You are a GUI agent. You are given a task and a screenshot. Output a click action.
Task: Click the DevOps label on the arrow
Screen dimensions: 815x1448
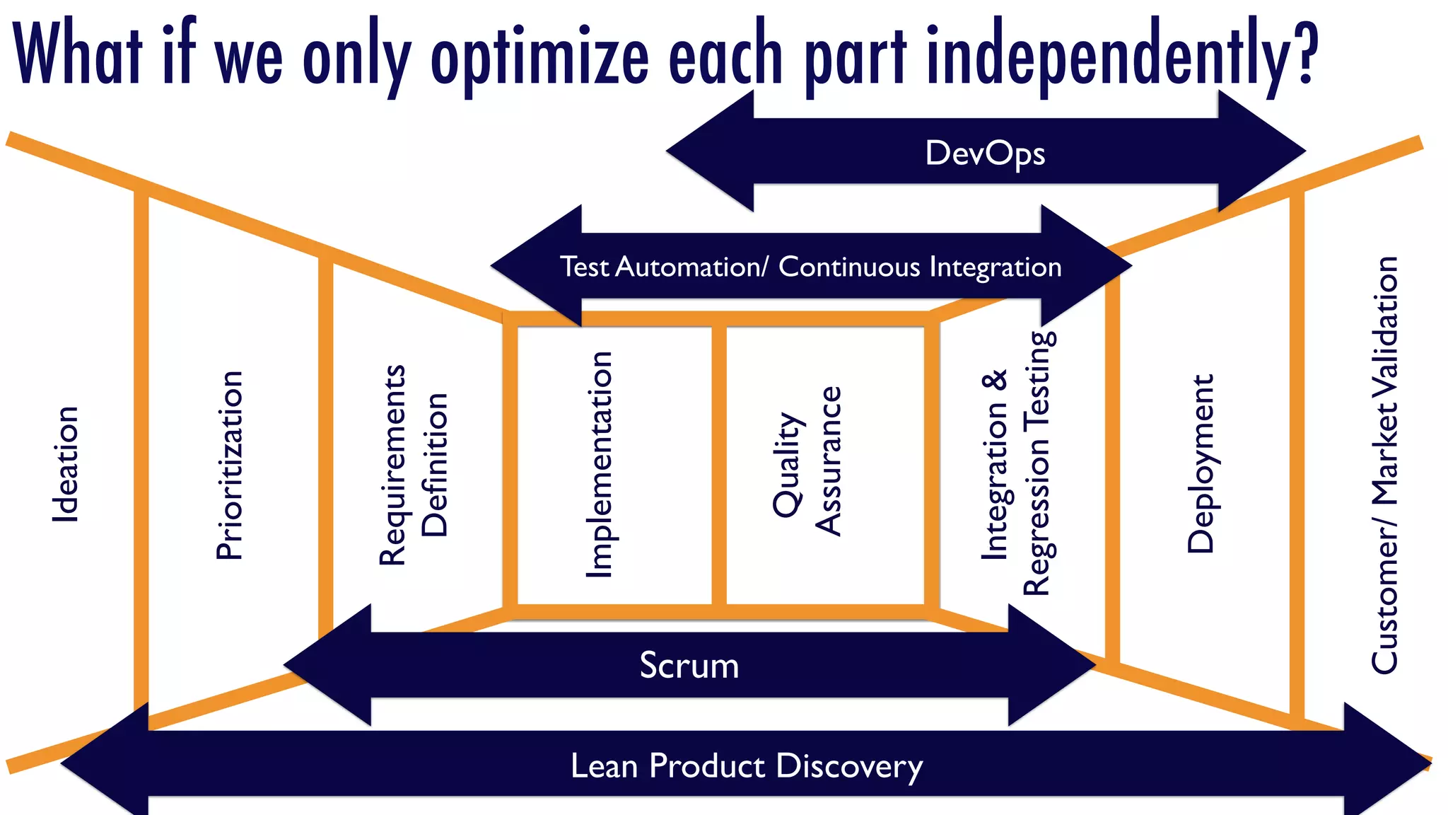[985, 154]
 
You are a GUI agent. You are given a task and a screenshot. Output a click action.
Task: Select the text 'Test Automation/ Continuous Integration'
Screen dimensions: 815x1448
[810, 267]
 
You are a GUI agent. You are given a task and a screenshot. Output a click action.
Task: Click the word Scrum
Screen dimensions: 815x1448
[689, 666]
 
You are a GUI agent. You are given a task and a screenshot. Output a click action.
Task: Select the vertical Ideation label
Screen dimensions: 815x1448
[65, 465]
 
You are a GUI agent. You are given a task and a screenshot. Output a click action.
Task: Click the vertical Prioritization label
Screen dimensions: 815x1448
[229, 466]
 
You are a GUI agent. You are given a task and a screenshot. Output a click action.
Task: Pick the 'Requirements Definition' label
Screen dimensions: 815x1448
[413, 465]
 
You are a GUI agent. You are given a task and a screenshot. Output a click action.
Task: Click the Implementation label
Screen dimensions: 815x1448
[600, 465]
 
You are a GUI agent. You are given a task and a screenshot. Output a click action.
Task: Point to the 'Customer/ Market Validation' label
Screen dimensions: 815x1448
[1384, 465]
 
